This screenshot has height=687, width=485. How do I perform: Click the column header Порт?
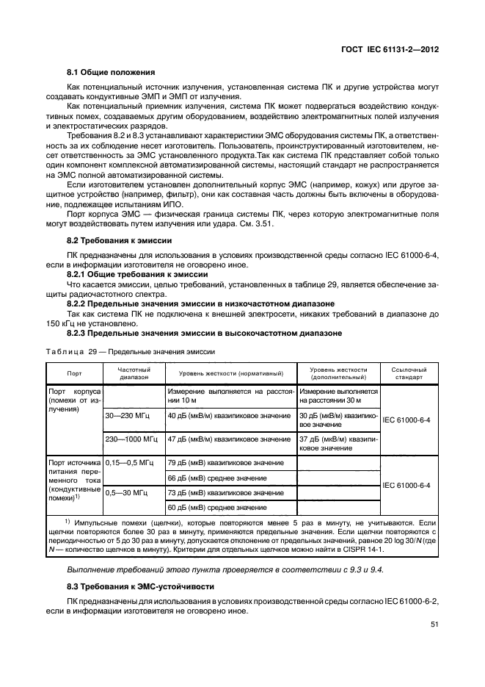click(74, 373)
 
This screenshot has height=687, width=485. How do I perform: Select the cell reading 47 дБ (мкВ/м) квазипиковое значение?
click(229, 439)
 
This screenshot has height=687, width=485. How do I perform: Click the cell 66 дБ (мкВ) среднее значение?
click(217, 478)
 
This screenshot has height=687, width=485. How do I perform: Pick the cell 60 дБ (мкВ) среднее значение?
click(217, 508)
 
